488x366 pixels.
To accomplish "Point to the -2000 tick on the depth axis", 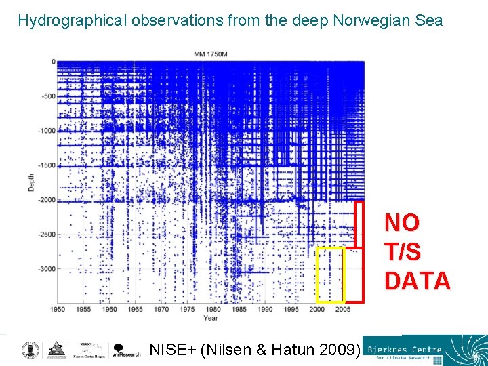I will coord(46,200).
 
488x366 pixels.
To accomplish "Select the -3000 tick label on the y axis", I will coord(46,269).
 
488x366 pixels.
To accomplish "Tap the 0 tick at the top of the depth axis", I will coord(52,62).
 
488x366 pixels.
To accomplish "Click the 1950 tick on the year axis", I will coord(58,310).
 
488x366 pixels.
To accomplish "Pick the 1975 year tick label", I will coord(187,310).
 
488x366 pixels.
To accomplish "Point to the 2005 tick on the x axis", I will coord(343,310).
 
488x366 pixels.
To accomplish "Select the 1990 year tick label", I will coord(265,310).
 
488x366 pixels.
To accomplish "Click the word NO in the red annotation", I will coord(402,222).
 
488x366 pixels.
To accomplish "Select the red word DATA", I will coord(417,281).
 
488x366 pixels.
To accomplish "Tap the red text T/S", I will coord(403,251).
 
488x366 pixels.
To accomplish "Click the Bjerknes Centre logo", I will coord(424,350).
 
